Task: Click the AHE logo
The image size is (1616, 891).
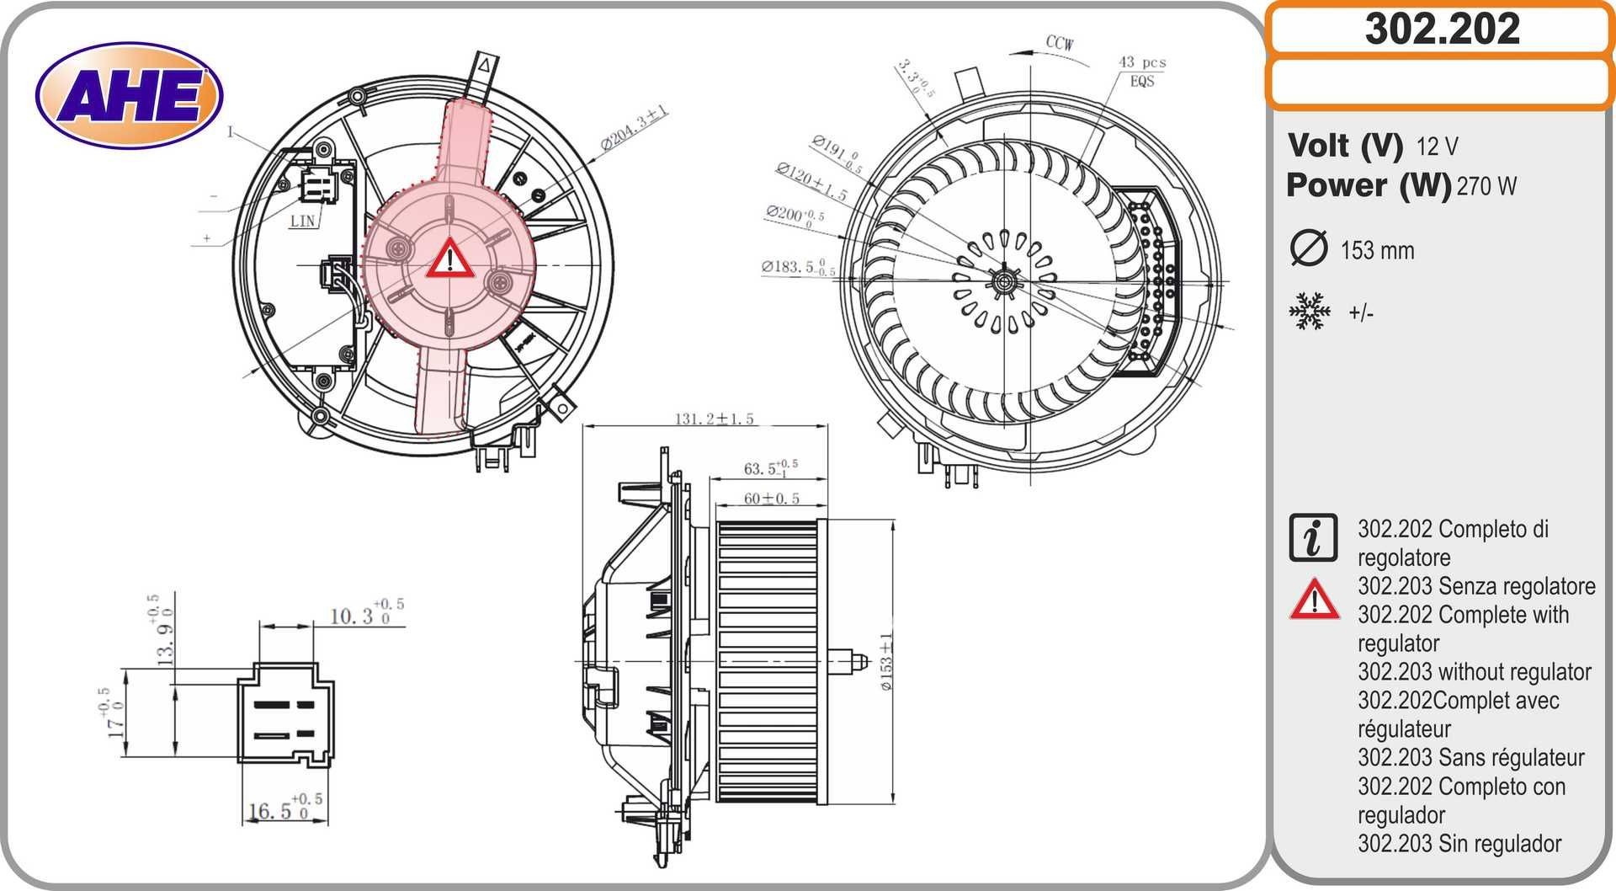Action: coord(129,95)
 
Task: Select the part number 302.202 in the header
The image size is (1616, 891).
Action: coord(1441,29)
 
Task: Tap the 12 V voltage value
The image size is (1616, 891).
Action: coord(1437,147)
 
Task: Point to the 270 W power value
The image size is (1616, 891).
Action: coord(1486,186)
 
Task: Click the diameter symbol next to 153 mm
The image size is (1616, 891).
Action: coord(1308,248)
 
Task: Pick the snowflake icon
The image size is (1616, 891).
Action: coord(1310,312)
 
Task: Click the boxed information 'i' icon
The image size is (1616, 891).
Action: coord(1312,537)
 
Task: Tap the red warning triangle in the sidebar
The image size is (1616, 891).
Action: coord(1314,600)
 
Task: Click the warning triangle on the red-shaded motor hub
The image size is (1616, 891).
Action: coord(449,259)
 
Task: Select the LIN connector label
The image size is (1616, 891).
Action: coord(301,221)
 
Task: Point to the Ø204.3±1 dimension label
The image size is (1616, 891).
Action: coord(634,128)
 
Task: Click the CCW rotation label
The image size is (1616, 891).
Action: coord(1059,42)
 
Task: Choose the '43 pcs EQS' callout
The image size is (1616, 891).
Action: coord(1141,72)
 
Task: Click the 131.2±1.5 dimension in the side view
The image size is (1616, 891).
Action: coord(714,418)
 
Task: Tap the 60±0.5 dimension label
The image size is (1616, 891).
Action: coord(770,499)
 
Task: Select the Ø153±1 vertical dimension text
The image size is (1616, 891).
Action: coord(885,662)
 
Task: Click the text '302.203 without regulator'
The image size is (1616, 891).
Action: coord(1474,672)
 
